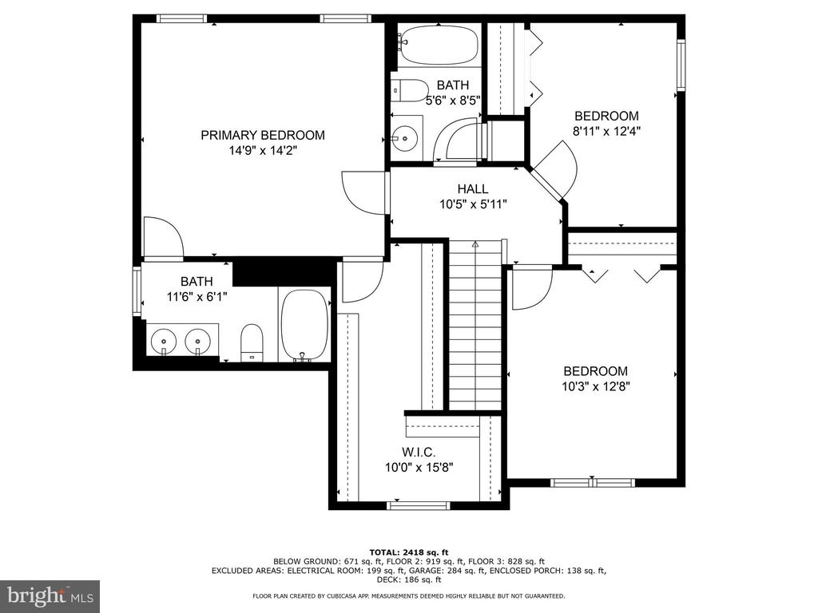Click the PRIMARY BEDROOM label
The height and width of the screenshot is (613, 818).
click(263, 135)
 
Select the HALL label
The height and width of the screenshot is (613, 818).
click(473, 188)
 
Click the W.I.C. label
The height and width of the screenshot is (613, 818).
click(419, 452)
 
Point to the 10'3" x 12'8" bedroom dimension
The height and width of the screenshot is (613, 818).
click(596, 386)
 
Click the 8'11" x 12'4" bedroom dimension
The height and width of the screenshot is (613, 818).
click(606, 131)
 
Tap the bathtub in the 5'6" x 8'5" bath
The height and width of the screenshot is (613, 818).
click(439, 45)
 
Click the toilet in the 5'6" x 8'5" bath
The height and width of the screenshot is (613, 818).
click(410, 91)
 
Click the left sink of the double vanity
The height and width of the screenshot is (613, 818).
click(163, 341)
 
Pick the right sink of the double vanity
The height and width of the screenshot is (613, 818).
click(198, 341)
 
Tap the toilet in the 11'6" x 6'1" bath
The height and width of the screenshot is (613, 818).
click(252, 342)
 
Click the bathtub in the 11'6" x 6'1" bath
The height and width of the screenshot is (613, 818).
click(304, 326)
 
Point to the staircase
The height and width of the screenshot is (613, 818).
click(475, 325)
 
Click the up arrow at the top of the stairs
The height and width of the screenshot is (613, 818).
click(475, 245)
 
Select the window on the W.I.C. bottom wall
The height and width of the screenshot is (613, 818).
click(419, 505)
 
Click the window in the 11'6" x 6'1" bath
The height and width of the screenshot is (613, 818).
click(137, 291)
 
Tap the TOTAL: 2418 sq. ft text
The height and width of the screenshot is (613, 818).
click(409, 552)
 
